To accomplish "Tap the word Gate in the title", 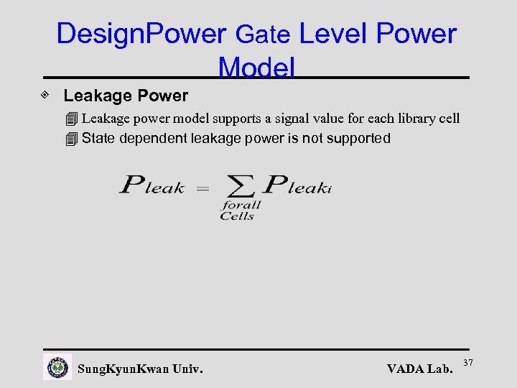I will tap(263, 34).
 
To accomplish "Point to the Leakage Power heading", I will tap(126, 96).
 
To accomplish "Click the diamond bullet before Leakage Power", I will tap(45, 95).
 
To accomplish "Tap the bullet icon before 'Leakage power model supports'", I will tap(70, 119).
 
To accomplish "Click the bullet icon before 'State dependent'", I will tap(70, 139).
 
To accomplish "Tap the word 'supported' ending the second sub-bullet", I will tap(358, 138).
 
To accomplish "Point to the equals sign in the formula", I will tap(202, 189).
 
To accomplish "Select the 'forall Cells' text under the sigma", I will tap(240, 211).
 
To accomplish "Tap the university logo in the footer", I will tap(57, 367).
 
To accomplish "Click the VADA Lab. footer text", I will tap(420, 369).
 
